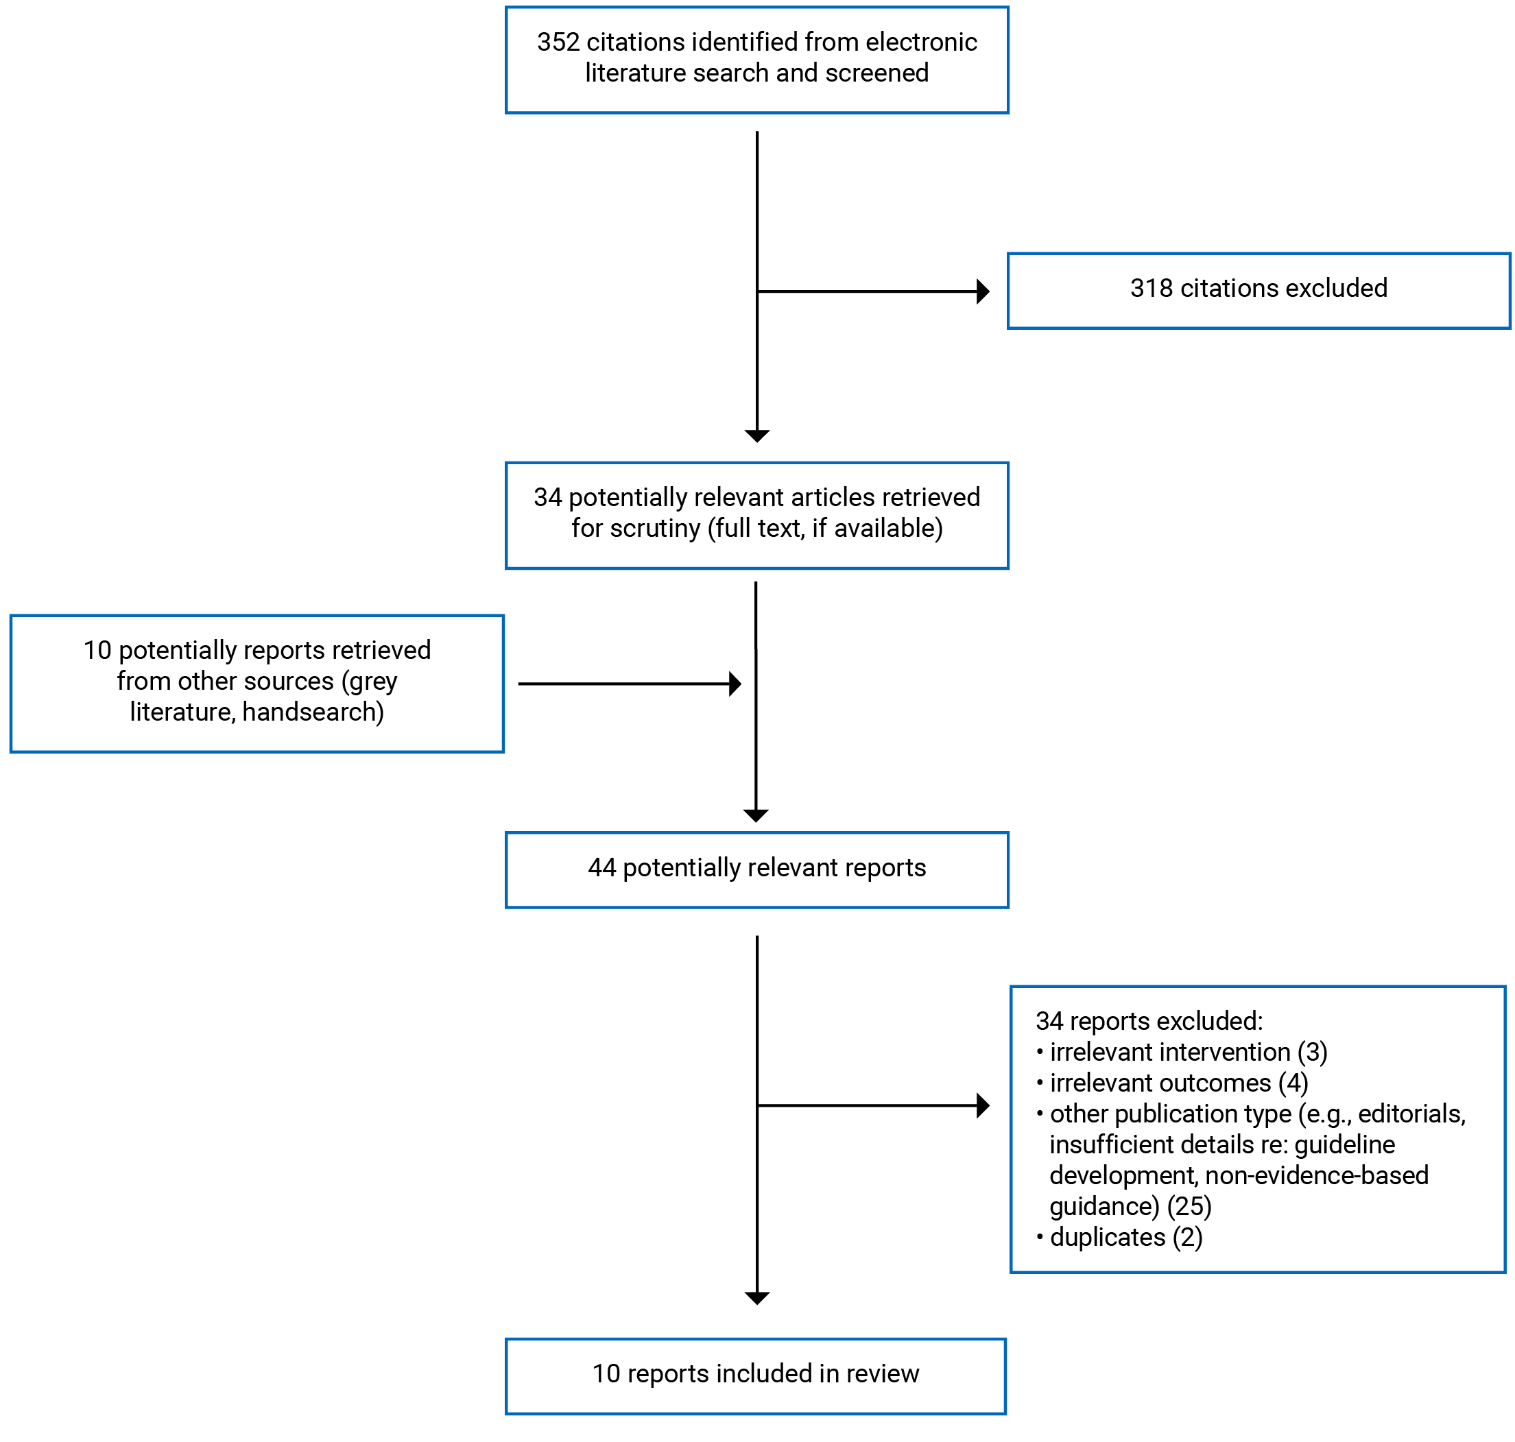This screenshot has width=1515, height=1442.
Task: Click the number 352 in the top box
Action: (x=558, y=43)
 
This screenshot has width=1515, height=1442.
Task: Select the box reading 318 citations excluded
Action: (x=1258, y=291)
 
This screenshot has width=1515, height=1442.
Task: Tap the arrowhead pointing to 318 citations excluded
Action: (x=982, y=291)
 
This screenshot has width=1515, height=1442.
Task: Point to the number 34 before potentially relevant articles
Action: (x=547, y=497)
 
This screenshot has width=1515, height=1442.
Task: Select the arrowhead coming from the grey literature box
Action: (x=735, y=684)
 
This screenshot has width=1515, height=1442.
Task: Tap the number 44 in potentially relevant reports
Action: (x=602, y=868)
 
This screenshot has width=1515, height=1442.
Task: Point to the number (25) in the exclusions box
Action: (x=1189, y=1207)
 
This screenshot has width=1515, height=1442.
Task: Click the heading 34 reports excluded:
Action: (x=1148, y=1022)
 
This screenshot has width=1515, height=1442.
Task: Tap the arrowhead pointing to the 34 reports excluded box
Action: (x=982, y=1106)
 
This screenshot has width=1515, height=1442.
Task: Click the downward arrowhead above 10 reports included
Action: (x=757, y=1298)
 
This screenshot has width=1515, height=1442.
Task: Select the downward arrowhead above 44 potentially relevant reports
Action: (x=756, y=815)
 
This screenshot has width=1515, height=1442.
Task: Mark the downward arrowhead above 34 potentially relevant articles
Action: (x=757, y=436)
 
